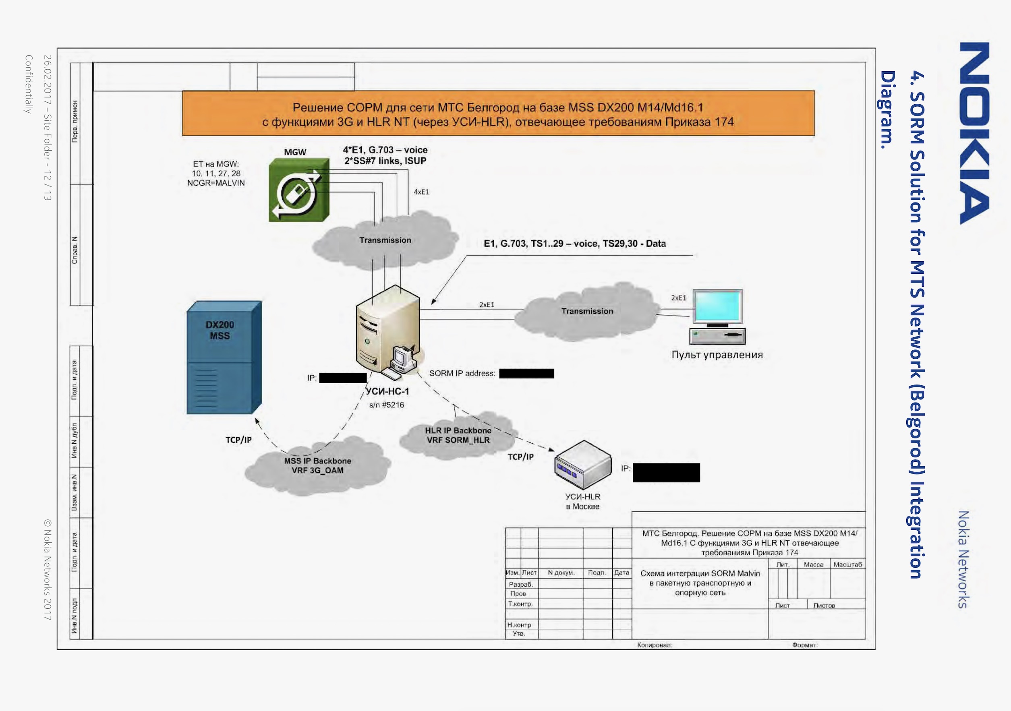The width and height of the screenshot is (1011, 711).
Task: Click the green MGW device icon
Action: click(298, 190)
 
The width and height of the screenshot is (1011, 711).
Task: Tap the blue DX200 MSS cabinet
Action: click(224, 358)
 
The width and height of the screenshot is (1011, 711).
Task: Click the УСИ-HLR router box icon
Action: click(582, 465)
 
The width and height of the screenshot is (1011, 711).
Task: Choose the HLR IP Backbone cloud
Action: click(458, 435)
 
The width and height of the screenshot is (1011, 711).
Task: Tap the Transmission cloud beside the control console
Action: click(586, 312)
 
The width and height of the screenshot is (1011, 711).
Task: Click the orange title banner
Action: click(498, 114)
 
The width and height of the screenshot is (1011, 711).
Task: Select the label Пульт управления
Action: click(717, 355)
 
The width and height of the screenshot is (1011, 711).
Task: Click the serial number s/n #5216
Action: click(386, 405)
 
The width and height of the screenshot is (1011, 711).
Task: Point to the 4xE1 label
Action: click(421, 192)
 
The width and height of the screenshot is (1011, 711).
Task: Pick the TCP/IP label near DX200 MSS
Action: click(238, 440)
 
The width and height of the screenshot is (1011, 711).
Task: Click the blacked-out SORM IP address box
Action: click(526, 373)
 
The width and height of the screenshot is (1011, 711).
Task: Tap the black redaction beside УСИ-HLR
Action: click(666, 472)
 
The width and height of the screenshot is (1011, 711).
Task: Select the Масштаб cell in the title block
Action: click(847, 564)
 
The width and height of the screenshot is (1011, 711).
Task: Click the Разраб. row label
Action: click(520, 584)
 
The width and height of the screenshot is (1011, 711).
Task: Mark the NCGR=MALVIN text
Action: click(216, 183)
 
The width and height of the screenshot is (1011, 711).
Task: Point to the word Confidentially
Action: click(28, 84)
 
